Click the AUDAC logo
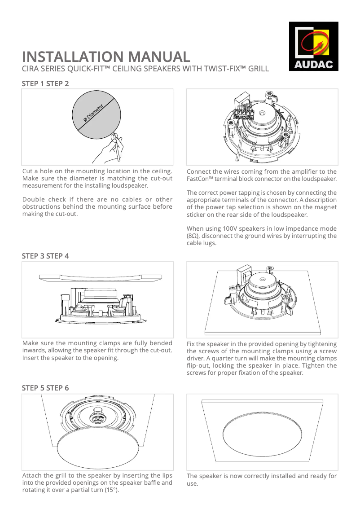point(313,47)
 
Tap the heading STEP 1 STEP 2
point(45,83)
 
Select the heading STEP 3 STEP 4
point(45,256)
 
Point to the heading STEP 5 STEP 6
point(45,388)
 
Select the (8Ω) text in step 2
point(194,236)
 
